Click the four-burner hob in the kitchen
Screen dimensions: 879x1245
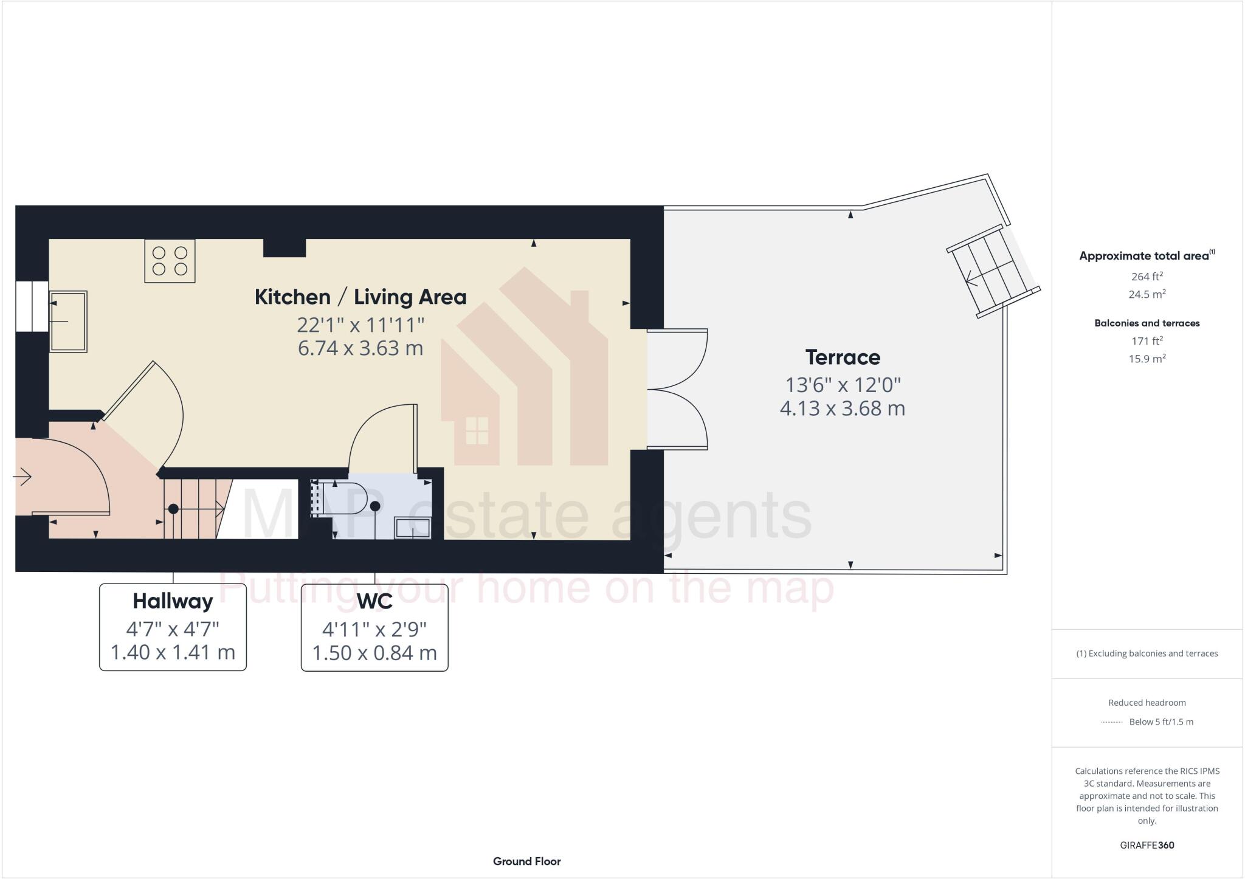[x=170, y=261]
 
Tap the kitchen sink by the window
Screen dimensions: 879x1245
[x=68, y=321]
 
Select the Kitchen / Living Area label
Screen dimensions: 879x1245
[x=360, y=297]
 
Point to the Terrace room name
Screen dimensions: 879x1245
[x=843, y=357]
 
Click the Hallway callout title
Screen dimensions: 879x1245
[x=173, y=601]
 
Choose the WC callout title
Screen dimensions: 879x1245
[x=374, y=601]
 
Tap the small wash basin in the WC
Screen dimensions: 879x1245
[x=413, y=528]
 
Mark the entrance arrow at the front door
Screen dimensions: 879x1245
[x=22, y=477]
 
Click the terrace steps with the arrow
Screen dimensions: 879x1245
[x=991, y=272]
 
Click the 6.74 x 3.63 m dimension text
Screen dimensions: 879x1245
[x=360, y=348]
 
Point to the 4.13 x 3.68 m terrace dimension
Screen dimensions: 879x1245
[x=843, y=408]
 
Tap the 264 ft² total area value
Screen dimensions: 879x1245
[x=1147, y=277]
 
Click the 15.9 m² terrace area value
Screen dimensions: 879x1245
[x=1147, y=359]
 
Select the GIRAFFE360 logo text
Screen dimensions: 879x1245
[x=1147, y=845]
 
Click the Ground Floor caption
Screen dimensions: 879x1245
[x=526, y=861]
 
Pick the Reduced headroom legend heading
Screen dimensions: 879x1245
[x=1147, y=703]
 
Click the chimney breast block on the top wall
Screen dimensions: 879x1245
[x=285, y=247]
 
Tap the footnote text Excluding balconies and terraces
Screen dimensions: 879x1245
[x=1147, y=653]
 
